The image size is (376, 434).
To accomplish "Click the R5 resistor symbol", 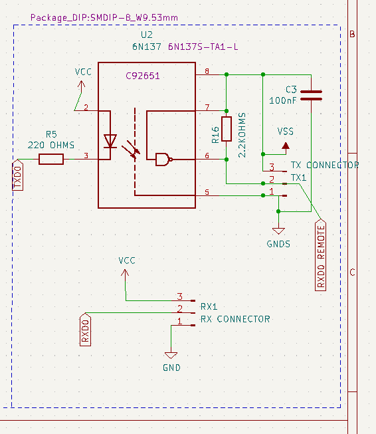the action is tap(51, 159).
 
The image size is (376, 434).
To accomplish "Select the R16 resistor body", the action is tap(227, 129).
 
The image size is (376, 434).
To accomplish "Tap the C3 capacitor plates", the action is tap(312, 95).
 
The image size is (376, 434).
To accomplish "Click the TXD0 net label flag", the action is tap(18, 175).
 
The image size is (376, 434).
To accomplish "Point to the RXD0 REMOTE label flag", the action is tap(320, 255).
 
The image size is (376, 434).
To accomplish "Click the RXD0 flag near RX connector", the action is tap(85, 330).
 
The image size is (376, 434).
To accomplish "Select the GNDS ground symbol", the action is tap(278, 231).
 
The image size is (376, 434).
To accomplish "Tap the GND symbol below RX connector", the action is tap(171, 355).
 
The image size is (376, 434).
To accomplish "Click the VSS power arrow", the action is tap(286, 146).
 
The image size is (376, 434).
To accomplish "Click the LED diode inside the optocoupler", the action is tap(110, 141).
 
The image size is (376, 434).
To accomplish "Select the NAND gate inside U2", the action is tap(164, 159).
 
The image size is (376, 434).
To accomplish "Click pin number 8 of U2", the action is tap(207, 71).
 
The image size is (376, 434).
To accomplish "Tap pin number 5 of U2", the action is tap(207, 192).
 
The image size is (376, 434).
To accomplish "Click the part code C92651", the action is tap(143, 76).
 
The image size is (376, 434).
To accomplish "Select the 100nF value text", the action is tap(283, 100).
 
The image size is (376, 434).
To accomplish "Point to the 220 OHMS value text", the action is tap(51, 145).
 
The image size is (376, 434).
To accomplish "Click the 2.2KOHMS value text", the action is tap(242, 135).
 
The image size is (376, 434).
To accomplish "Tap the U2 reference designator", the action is tap(147, 35).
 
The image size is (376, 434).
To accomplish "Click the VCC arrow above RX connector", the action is tap(125, 273).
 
